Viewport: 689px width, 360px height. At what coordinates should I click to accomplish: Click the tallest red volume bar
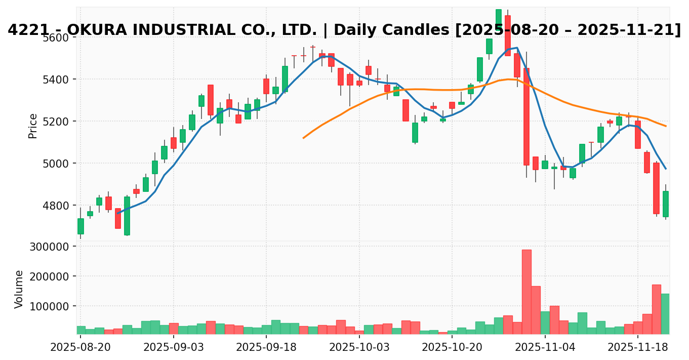click(526, 291)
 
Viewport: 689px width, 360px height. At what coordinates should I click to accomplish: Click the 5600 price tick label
click(55, 37)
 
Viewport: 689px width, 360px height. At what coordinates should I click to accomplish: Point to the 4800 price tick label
click(55, 205)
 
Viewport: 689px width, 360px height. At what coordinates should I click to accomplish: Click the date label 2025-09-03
click(173, 348)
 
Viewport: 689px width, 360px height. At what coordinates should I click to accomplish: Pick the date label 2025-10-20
click(452, 348)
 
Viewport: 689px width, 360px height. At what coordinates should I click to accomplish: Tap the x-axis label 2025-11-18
click(637, 348)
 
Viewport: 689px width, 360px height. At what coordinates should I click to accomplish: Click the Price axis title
click(33, 126)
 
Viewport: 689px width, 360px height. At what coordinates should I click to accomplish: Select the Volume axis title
click(19, 289)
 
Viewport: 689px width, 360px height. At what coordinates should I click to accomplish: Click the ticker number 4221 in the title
click(24, 30)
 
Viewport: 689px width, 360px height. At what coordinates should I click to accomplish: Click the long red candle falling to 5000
click(526, 116)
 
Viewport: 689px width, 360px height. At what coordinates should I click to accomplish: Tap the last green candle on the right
click(665, 204)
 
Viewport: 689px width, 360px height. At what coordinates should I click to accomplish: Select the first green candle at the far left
click(80, 226)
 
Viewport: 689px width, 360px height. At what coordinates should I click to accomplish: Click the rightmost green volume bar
click(665, 313)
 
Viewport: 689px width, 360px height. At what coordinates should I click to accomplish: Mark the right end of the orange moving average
click(666, 126)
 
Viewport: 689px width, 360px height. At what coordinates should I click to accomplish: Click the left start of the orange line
click(303, 138)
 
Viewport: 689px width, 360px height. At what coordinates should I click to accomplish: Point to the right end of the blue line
click(666, 169)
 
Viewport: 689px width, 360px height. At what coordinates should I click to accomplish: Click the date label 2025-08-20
click(80, 348)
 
